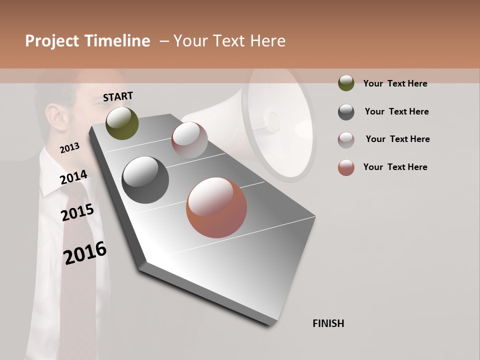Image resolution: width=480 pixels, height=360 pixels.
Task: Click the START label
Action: [x=118, y=96]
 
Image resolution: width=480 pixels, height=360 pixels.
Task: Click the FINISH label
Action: [x=328, y=323]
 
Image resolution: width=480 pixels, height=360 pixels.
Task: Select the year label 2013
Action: [x=69, y=148]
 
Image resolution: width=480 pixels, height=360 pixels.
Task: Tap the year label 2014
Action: [x=73, y=177]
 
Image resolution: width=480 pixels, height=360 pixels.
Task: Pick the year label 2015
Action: [x=77, y=212]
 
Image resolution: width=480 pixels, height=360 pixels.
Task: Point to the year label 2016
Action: [x=85, y=252]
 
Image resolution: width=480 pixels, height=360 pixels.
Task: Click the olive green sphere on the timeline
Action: [x=122, y=123]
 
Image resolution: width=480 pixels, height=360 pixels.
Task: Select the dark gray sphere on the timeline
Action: [x=145, y=180]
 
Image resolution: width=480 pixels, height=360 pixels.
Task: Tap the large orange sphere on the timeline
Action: [x=216, y=207]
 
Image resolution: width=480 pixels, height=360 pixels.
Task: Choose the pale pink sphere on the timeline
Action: [x=189, y=140]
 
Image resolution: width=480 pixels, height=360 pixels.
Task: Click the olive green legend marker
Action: [x=346, y=83]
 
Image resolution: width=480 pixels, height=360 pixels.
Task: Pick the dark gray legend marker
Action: [x=346, y=112]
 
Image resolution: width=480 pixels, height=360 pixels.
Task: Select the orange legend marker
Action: [x=346, y=167]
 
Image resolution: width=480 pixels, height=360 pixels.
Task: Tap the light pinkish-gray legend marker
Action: [x=346, y=140]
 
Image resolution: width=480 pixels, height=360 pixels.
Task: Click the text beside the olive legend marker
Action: [x=395, y=83]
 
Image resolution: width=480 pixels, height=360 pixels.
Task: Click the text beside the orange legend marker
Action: [x=395, y=167]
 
